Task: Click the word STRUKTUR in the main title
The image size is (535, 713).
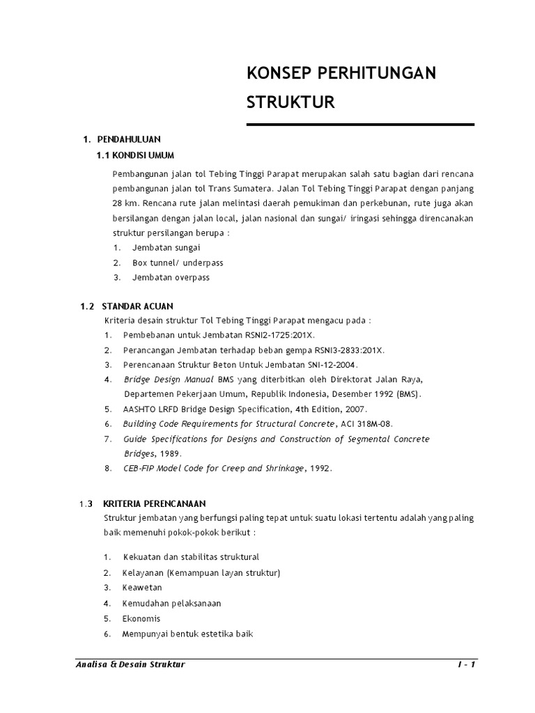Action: (x=291, y=103)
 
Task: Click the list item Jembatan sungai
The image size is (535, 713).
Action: (x=166, y=247)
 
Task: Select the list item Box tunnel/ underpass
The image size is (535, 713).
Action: (x=178, y=263)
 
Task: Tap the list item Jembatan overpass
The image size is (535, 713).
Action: (x=171, y=277)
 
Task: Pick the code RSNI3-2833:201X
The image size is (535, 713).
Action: (x=354, y=350)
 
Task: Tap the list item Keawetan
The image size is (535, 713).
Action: (x=142, y=588)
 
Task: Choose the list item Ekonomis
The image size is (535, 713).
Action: (x=141, y=618)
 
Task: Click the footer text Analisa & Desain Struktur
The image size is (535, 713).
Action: (x=130, y=665)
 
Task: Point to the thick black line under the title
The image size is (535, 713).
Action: (x=361, y=125)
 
